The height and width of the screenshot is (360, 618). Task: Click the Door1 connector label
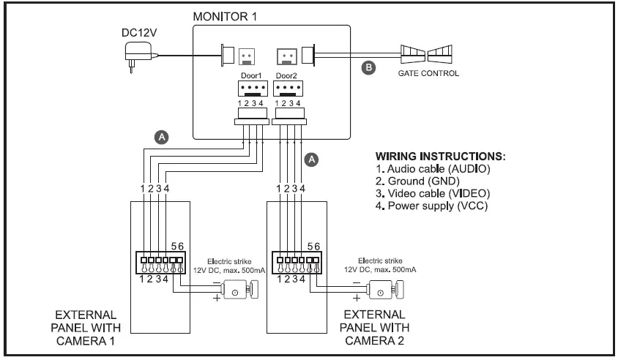coord(251,76)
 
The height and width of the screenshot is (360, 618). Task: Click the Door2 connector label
coord(287,76)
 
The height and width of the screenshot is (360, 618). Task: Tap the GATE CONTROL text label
coord(428,74)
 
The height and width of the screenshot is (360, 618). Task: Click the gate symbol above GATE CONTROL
coord(428,56)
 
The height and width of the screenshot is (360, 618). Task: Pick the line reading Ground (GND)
coord(418,181)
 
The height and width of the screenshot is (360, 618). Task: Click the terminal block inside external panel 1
coord(157,260)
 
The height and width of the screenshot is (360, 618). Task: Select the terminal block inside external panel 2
coord(295,260)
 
